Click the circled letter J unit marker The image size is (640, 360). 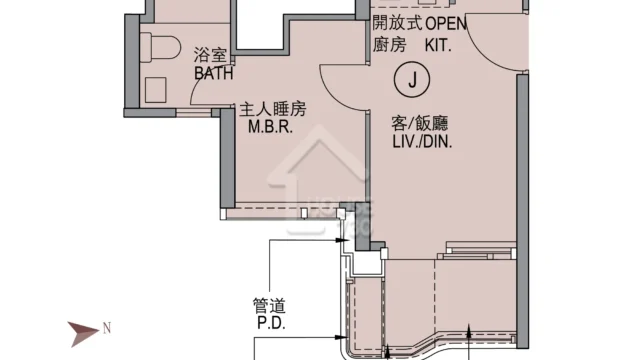click(412, 79)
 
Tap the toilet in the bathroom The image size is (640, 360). click(160, 47)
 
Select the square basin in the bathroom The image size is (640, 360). click(156, 90)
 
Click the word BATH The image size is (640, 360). click(213, 73)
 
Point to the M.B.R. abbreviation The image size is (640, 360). click(270, 127)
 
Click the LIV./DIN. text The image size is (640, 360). click(422, 142)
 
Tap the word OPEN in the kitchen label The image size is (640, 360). click(446, 24)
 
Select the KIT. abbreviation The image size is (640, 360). click(438, 45)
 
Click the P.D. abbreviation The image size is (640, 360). click(271, 323)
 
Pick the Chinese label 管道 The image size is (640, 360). click(269, 305)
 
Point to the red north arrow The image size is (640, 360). click(83, 333)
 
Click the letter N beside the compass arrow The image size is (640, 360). click(107, 328)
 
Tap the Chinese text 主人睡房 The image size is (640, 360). click(272, 109)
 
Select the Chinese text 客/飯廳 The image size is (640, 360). click(420, 123)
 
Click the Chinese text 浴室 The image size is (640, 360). click(210, 55)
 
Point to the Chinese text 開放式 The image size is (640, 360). click(397, 23)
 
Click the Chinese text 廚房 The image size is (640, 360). click(389, 44)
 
